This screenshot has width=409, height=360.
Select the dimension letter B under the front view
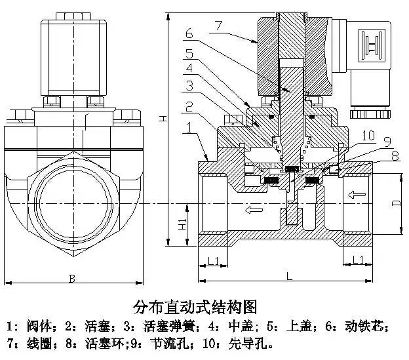point(71,279)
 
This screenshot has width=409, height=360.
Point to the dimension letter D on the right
point(396,203)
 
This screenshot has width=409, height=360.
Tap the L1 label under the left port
point(213,261)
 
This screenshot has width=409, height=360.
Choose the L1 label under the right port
point(358,261)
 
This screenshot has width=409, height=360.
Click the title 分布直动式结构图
point(194,307)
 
